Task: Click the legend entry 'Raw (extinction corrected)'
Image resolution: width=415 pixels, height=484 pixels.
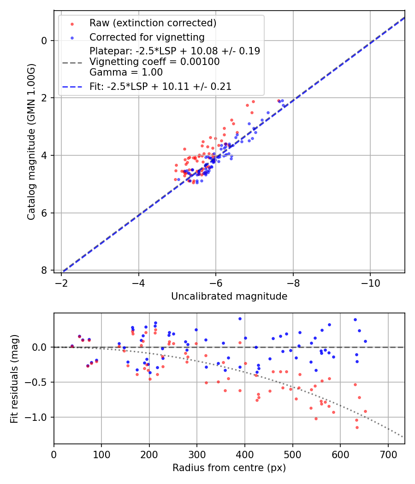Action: (153, 23)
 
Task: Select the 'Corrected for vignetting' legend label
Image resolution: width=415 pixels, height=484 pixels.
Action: (147, 37)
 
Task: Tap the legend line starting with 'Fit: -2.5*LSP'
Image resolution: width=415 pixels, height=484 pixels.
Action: (160, 86)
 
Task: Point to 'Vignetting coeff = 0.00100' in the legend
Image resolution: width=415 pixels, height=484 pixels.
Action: (154, 61)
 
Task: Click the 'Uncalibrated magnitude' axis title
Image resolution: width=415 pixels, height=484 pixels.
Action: (229, 296)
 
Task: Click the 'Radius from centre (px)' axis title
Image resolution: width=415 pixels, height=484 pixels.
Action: (229, 468)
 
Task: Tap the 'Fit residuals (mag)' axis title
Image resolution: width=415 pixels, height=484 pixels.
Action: (14, 378)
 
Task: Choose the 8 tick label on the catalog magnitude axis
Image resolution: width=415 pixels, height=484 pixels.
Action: (45, 270)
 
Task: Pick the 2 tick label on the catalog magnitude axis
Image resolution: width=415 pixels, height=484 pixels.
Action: (45, 98)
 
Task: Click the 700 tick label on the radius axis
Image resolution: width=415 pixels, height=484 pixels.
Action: (388, 454)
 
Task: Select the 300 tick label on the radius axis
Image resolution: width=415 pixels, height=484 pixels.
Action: (197, 454)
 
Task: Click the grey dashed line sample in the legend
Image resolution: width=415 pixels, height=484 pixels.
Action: (72, 62)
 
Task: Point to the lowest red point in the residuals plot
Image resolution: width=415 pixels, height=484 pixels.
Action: (357, 427)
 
